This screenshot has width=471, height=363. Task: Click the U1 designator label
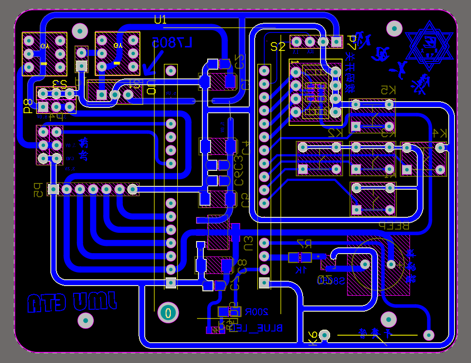click(160, 20)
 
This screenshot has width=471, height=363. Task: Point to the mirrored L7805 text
click(172, 43)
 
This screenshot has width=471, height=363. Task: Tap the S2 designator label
click(278, 46)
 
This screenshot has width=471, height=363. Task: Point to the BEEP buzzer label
click(393, 226)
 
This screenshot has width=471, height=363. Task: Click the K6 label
click(313, 337)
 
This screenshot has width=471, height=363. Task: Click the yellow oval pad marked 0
click(168, 312)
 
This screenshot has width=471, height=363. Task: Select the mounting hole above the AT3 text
click(86, 320)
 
